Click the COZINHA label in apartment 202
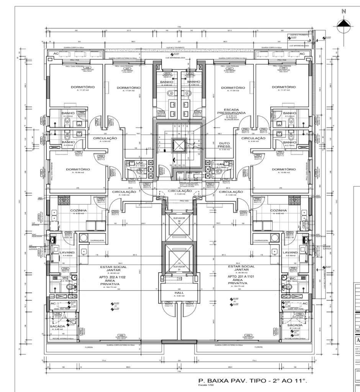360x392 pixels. (x=78, y=211)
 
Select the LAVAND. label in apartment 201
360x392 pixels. (x=290, y=253)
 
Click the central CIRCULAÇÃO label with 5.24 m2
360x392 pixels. (x=180, y=191)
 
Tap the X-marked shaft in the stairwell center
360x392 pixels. (x=179, y=145)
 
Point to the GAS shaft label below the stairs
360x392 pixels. (x=180, y=173)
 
